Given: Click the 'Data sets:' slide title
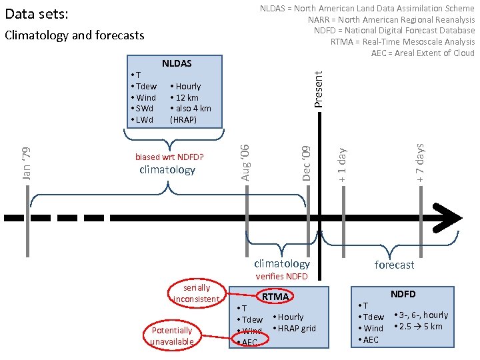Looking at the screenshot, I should pos(37,14).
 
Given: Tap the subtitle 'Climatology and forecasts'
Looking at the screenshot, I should pos(74,35).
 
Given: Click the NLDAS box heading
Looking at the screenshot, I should pos(177,63).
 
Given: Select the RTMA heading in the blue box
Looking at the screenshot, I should pos(275,296).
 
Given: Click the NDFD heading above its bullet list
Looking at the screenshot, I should pos(403,293).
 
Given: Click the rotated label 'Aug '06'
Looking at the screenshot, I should pos(245,161).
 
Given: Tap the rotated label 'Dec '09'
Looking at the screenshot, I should pos(307,163).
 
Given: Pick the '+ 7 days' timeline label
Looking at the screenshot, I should pos(421,163).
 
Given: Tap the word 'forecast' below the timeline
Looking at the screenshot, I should pos(394,265).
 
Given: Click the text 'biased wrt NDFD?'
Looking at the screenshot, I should pos(169,157).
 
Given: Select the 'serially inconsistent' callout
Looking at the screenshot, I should pos(197,293).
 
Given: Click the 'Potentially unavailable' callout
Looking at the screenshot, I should pos(171,336).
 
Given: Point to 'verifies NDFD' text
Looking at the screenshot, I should pos(282,276).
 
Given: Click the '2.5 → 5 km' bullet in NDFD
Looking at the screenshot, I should pos(419,326).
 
